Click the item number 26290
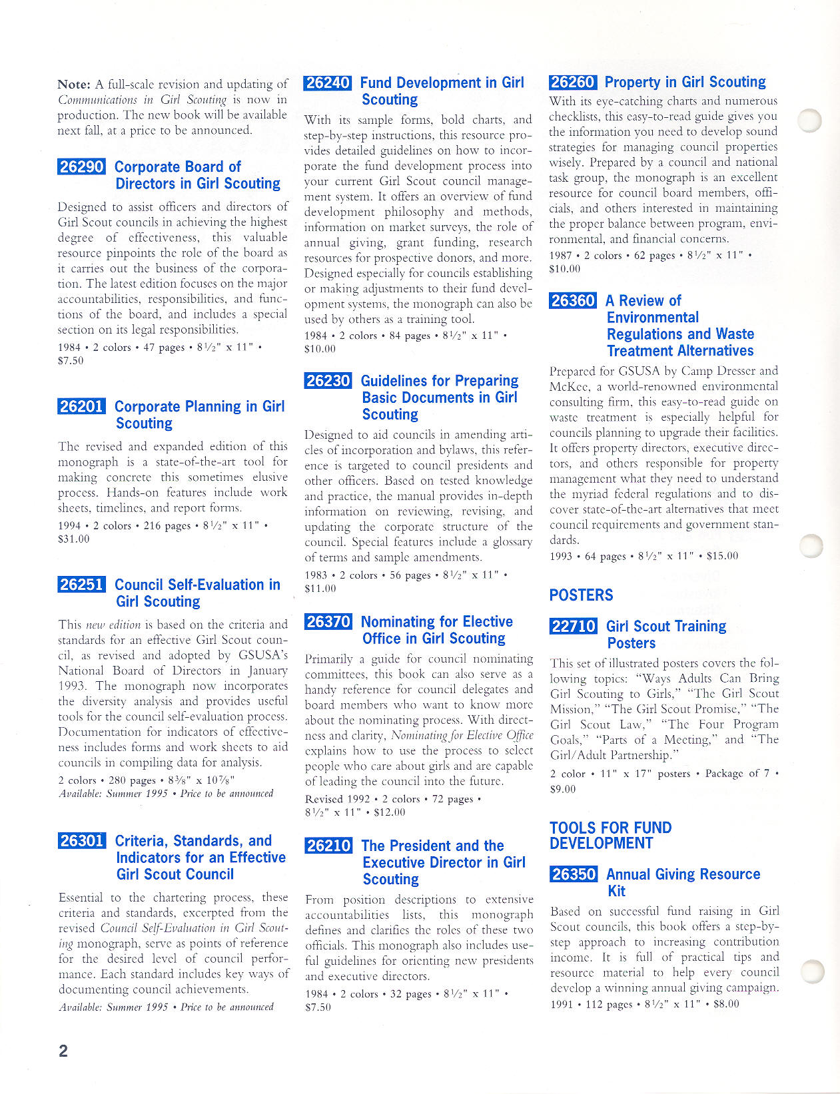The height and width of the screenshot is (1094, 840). click(x=81, y=166)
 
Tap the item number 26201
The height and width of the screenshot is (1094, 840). click(x=81, y=406)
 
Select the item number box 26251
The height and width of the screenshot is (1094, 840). click(x=81, y=585)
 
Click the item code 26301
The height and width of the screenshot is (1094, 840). click(x=82, y=841)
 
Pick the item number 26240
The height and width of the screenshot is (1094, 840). click(x=327, y=83)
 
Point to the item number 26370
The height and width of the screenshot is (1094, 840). click(x=328, y=622)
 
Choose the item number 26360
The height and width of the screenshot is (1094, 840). click(x=573, y=301)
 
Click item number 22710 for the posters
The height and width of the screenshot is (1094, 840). click(x=573, y=627)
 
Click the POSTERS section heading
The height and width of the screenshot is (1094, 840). click(x=581, y=595)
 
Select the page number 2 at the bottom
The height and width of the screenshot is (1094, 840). click(x=63, y=1051)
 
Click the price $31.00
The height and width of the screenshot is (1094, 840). click(x=73, y=539)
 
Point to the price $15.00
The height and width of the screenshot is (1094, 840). click(x=722, y=556)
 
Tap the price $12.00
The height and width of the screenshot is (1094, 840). click(x=389, y=812)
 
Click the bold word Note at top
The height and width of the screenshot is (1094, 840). click(x=73, y=85)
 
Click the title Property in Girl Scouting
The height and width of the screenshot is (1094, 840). click(x=685, y=83)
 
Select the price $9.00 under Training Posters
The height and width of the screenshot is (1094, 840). click(x=563, y=789)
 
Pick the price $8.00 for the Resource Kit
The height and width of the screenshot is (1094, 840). click(x=726, y=1004)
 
